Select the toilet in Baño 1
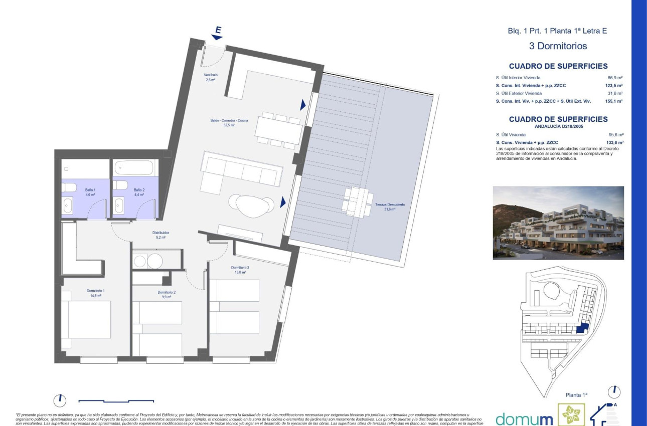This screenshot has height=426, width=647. coord(68,187)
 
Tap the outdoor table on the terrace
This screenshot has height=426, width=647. coord(357,202)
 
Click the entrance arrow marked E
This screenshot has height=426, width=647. coord(217,34)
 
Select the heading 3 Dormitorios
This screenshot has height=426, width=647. coord(558,46)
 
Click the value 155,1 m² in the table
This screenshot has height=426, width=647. coord(614,101)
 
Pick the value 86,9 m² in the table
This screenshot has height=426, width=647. coord(615,78)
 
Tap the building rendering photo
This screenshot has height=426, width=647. coord(558,223)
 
